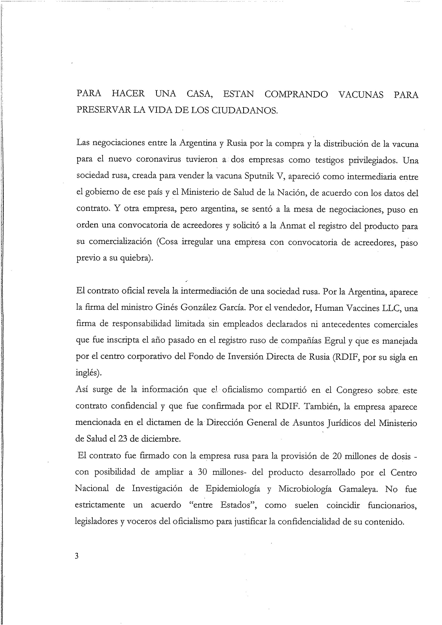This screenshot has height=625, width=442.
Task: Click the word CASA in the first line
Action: tap(200, 94)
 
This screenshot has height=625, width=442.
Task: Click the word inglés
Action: tap(88, 373)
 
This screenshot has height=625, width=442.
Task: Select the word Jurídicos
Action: tap(353, 423)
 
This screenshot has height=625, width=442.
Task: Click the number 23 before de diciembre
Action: tap(123, 439)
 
